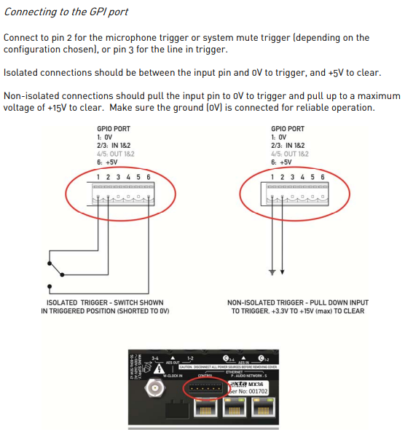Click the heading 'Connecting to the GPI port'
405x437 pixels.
(66, 12)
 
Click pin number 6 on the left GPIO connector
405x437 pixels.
(149, 177)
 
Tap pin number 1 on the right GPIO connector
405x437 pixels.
(272, 177)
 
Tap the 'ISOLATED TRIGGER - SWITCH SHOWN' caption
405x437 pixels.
(105, 302)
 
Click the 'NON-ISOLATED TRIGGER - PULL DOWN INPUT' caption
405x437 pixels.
(298, 302)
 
